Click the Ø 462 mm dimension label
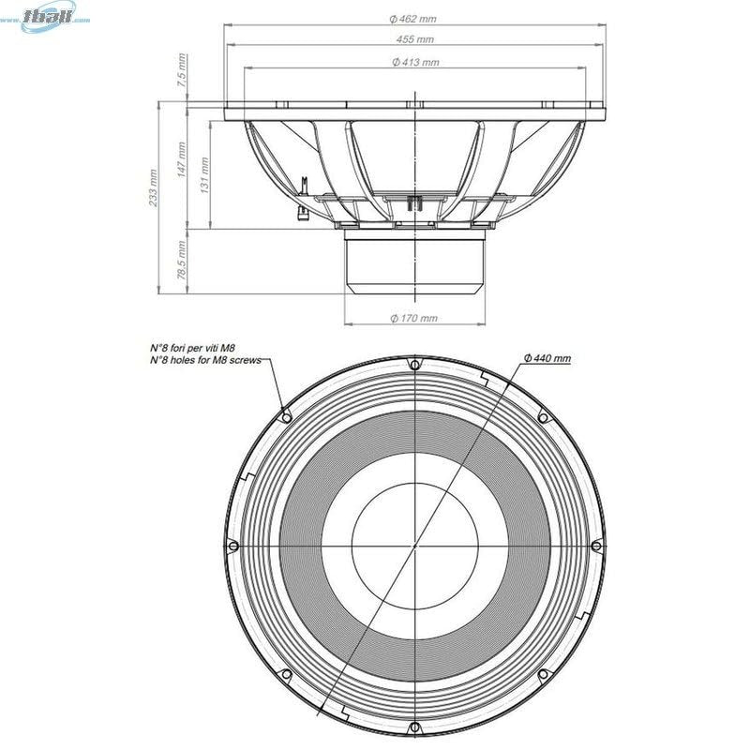coord(413,19)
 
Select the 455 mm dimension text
coord(413,40)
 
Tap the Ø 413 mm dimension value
coord(413,62)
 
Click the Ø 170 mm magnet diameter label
coord(413,318)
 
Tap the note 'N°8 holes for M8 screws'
coord(205,360)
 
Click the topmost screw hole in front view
coord(413,365)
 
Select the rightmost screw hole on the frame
coord(595,545)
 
